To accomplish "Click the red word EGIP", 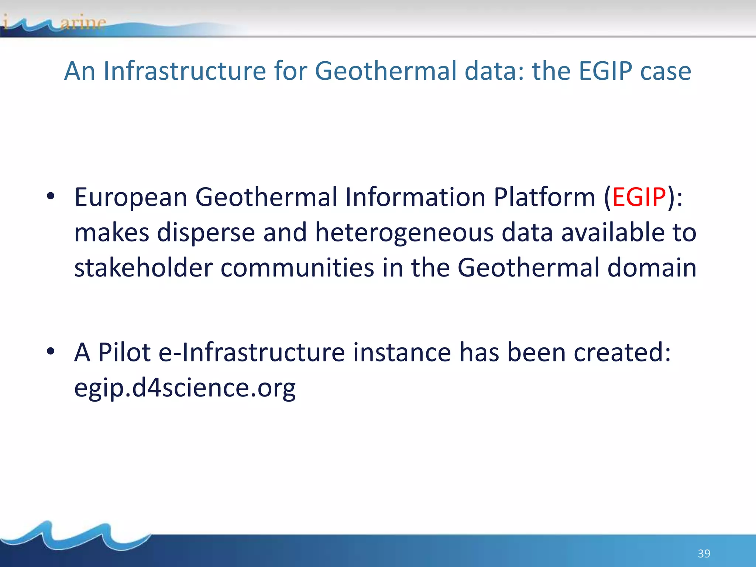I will [639, 197].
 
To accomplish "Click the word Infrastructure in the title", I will [185, 71].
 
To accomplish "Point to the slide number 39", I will [704, 553].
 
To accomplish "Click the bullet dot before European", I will [51, 196].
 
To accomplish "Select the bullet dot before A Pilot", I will [51, 351].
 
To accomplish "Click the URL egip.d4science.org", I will [185, 388].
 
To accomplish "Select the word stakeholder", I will [143, 268].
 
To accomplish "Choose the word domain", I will [652, 268].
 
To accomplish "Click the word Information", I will [415, 197].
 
